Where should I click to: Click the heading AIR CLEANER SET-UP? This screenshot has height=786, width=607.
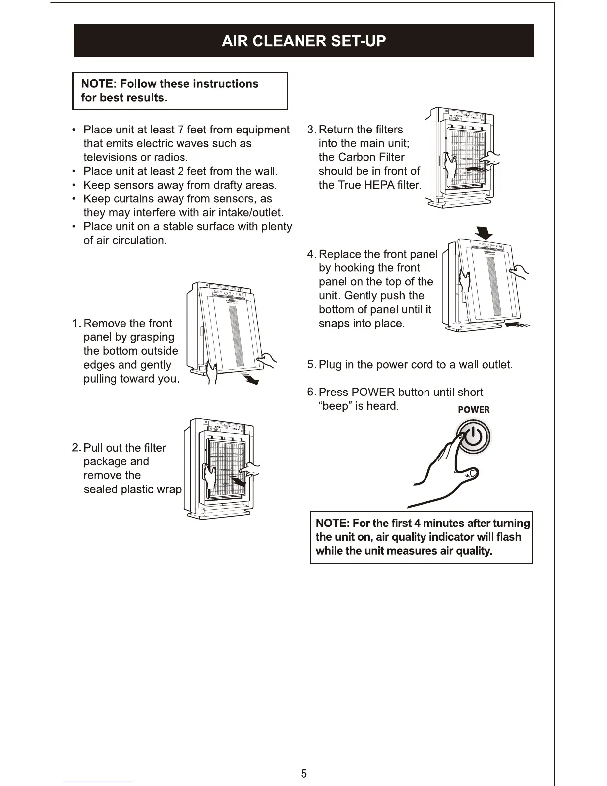point(303,41)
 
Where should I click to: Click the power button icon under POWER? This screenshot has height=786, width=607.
point(474,437)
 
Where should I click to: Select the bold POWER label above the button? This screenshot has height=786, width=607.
point(474,410)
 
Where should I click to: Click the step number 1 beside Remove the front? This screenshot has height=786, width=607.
point(76,324)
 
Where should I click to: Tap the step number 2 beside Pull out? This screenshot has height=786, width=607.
point(76,448)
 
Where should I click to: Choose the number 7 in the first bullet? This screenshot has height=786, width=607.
point(181,130)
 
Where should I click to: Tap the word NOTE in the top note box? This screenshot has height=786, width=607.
point(97,84)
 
